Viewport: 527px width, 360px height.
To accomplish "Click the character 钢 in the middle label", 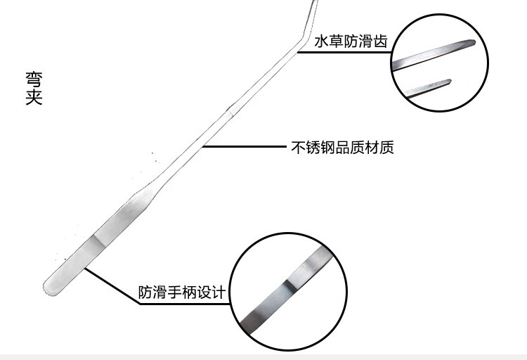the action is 327,148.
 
